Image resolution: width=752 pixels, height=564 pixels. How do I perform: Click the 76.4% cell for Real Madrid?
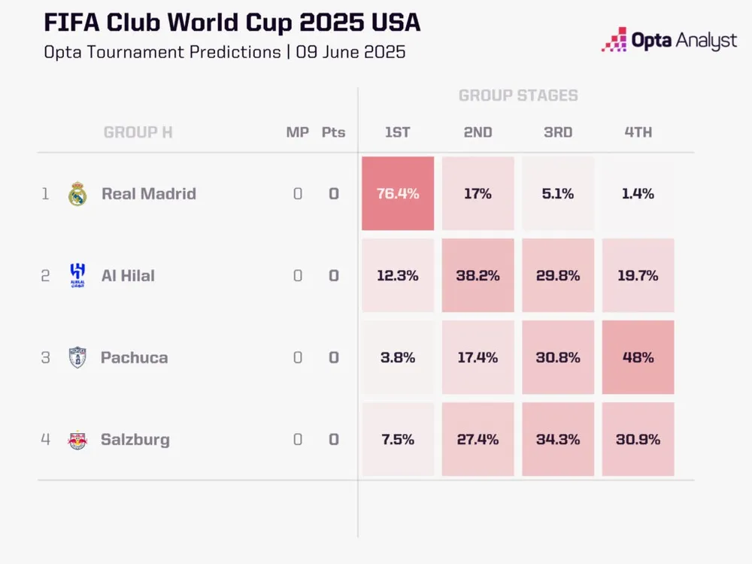click(x=398, y=193)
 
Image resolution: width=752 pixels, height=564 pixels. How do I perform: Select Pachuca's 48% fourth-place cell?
click(x=638, y=357)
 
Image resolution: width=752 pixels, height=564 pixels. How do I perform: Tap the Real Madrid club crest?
click(x=77, y=194)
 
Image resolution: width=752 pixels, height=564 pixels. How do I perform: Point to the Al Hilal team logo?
click(x=77, y=275)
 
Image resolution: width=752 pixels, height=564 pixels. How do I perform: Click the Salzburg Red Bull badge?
click(x=77, y=440)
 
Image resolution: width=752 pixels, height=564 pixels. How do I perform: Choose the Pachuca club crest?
click(x=77, y=357)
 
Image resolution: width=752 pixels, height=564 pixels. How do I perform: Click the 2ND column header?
click(x=478, y=132)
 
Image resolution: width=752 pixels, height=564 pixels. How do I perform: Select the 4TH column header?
click(x=638, y=132)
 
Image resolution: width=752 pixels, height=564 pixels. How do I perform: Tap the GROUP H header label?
click(x=138, y=132)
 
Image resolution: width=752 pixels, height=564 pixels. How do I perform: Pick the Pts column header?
click(x=333, y=132)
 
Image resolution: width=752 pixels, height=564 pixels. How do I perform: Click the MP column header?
click(x=297, y=132)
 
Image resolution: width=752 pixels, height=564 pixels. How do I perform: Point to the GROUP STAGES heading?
click(x=518, y=96)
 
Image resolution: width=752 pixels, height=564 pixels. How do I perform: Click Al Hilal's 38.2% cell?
click(x=478, y=275)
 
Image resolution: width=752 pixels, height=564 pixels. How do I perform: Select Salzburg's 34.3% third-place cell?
click(x=558, y=439)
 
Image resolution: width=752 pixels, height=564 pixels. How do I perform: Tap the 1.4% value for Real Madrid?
click(x=638, y=193)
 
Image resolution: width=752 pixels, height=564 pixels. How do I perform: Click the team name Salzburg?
click(x=135, y=440)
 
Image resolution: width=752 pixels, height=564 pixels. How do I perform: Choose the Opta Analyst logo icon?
click(x=614, y=40)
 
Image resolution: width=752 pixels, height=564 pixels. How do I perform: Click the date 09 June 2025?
click(x=350, y=53)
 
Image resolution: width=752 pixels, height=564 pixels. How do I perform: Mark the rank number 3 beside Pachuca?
click(x=45, y=357)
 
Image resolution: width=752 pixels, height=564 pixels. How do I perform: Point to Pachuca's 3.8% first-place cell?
click(x=398, y=357)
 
